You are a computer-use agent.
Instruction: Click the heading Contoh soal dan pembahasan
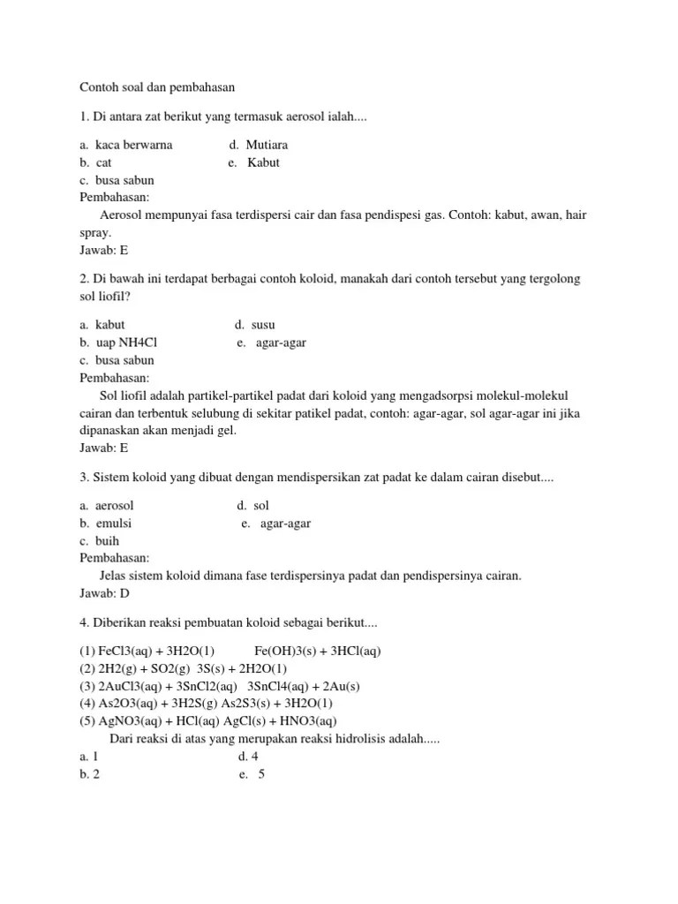159,87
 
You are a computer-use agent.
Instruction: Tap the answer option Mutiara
266,145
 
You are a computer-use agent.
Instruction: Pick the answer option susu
262,325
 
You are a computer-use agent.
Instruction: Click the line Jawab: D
104,593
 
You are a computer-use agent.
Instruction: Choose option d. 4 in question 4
248,757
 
